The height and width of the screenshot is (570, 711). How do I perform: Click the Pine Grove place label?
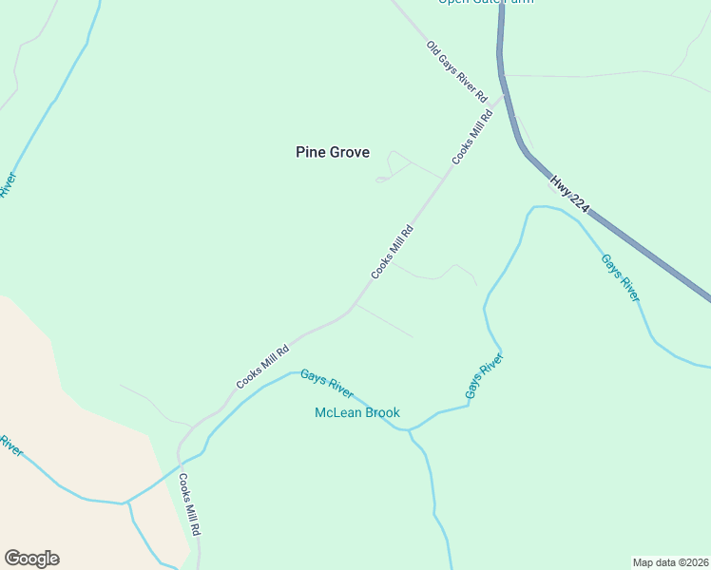332,152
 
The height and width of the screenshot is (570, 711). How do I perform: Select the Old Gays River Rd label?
456,71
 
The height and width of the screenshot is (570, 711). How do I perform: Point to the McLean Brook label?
357,412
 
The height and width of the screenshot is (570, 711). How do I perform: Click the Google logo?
31,559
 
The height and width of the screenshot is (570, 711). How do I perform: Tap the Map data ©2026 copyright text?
670,561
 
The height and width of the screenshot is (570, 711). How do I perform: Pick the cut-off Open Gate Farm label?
485,2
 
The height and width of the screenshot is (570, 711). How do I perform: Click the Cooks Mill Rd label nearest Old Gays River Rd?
473,137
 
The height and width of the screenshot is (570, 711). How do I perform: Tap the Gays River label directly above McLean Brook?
327,383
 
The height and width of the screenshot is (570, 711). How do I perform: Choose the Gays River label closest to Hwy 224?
620,276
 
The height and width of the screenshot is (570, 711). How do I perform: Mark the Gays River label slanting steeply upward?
483,375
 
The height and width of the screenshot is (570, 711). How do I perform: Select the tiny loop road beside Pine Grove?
381,179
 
